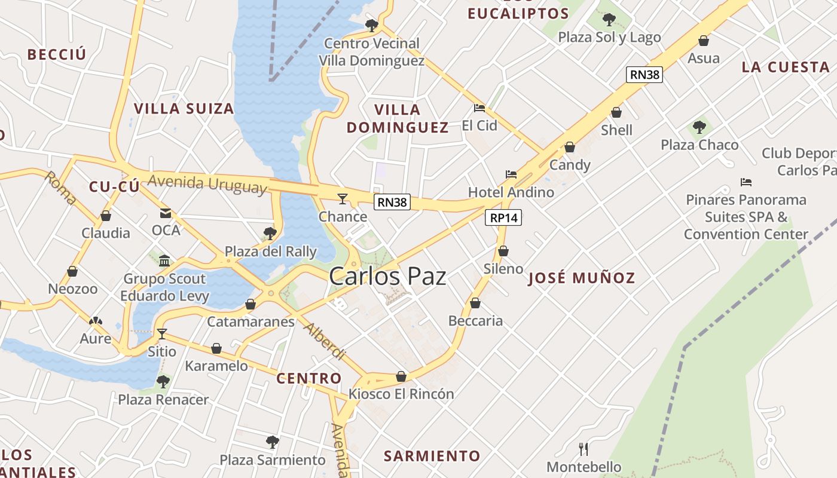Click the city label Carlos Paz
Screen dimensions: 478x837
pyautogui.click(x=387, y=277)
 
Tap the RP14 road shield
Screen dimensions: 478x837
pyautogui.click(x=503, y=218)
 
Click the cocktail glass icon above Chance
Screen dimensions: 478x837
pyautogui.click(x=343, y=198)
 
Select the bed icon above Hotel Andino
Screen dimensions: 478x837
pyautogui.click(x=511, y=174)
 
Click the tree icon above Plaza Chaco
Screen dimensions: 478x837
pyautogui.click(x=699, y=127)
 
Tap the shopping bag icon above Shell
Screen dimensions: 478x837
pyautogui.click(x=616, y=112)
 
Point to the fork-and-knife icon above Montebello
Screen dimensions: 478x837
pyautogui.click(x=584, y=449)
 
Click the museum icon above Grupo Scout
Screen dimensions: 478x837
pyautogui.click(x=164, y=261)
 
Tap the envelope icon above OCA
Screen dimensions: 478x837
pyautogui.click(x=166, y=213)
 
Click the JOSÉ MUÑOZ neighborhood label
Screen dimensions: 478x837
pyautogui.click(x=581, y=278)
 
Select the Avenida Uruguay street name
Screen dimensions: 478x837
pyautogui.click(x=207, y=183)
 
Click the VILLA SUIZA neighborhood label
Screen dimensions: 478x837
pyautogui.click(x=184, y=109)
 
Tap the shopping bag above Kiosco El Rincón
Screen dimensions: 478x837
pyautogui.click(x=401, y=376)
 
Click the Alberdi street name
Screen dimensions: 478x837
pyautogui.click(x=325, y=341)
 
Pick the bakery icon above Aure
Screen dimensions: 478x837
pyautogui.click(x=96, y=321)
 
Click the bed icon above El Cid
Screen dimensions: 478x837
pyautogui.click(x=479, y=108)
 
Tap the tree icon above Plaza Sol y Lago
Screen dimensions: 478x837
pyautogui.click(x=609, y=20)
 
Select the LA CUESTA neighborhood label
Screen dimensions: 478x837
pyautogui.click(x=786, y=67)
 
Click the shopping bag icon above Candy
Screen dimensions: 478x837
pyautogui.click(x=570, y=147)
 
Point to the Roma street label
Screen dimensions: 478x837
pyautogui.click(x=60, y=188)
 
